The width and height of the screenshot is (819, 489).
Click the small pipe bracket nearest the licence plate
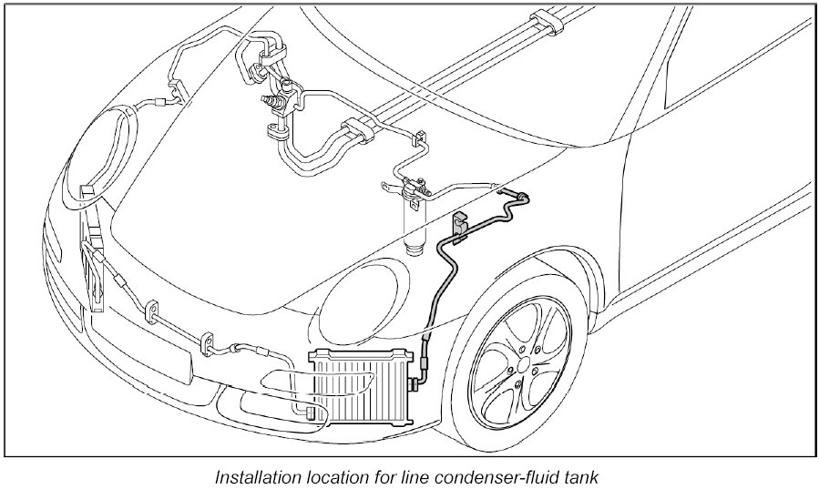tap(152, 312)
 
